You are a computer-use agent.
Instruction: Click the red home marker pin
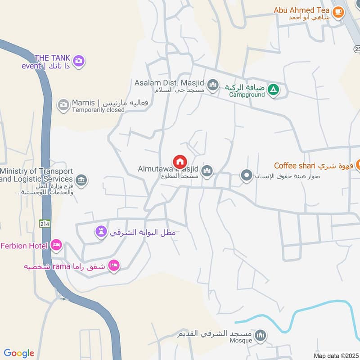(180, 161)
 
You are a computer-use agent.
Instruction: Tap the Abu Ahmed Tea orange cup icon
(338, 13)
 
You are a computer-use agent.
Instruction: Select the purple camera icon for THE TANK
(79, 60)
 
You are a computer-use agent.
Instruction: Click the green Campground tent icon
(273, 90)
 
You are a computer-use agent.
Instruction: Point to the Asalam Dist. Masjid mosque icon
(213, 84)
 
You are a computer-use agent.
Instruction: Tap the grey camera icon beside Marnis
(63, 105)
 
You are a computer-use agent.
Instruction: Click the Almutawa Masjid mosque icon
(207, 171)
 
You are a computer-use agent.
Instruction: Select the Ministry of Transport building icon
(81, 180)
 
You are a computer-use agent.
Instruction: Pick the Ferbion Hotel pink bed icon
(56, 245)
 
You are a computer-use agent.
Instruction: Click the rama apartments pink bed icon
(114, 266)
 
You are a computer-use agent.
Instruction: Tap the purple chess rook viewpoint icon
(101, 232)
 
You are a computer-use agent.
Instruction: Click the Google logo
(19, 353)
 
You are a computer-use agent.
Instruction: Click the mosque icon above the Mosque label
(261, 335)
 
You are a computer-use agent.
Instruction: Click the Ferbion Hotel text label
(24, 246)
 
